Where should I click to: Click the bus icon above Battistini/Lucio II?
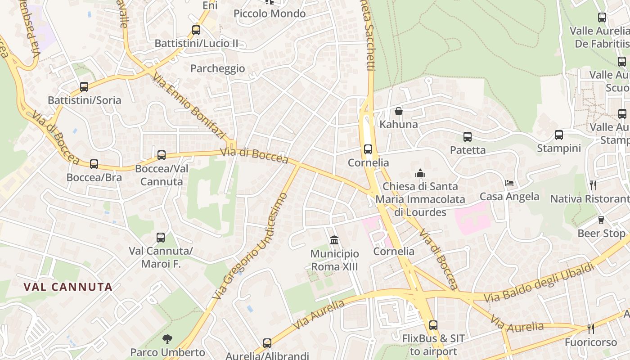[196, 30]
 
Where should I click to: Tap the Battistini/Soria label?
[85, 100]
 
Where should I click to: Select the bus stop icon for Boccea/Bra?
[94, 164]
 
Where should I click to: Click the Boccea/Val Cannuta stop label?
[162, 175]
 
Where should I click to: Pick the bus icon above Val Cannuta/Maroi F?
[161, 238]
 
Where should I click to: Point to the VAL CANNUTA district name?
[68, 287]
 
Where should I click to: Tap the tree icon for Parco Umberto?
[167, 339]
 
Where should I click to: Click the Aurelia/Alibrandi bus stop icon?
[267, 343]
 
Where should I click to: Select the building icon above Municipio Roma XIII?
[334, 240]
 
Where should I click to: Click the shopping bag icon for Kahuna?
[399, 111]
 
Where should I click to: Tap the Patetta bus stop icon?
[468, 137]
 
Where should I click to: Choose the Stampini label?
[559, 148]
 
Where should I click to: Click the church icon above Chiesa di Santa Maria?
[420, 173]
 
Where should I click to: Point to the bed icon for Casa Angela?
[509, 183]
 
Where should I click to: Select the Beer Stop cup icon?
[601, 220]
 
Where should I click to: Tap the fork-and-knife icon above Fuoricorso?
[591, 329]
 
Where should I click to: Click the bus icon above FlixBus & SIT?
[433, 325]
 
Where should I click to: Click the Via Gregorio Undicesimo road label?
[250, 247]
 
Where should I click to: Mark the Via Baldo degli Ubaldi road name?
[539, 283]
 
